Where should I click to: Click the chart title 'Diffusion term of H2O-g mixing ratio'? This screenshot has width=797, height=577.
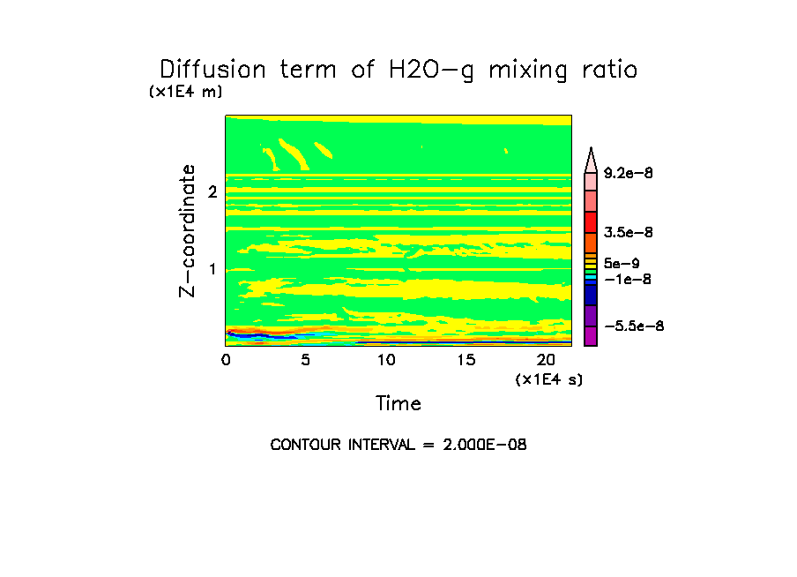[398, 70]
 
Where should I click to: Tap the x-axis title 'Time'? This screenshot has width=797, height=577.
[398, 404]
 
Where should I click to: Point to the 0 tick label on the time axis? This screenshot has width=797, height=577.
[226, 360]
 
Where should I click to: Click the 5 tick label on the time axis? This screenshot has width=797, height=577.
[305, 360]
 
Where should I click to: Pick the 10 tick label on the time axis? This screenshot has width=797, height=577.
[386, 360]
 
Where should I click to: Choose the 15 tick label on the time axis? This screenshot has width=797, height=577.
[466, 360]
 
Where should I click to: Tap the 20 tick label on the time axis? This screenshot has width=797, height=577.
[546, 360]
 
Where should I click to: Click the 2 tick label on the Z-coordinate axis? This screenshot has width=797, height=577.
[212, 191]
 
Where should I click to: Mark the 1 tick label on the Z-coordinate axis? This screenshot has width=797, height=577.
[212, 268]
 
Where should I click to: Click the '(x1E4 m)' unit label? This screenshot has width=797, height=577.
[185, 92]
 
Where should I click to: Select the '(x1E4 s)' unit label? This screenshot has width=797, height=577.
[548, 379]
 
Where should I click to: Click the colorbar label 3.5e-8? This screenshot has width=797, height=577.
[629, 233]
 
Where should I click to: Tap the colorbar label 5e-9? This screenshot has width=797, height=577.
[622, 263]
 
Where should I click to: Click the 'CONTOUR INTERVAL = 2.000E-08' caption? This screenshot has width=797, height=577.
[398, 445]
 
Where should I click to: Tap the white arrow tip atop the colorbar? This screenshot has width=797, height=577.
[591, 157]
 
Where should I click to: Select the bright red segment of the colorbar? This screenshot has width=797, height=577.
[591, 221]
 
